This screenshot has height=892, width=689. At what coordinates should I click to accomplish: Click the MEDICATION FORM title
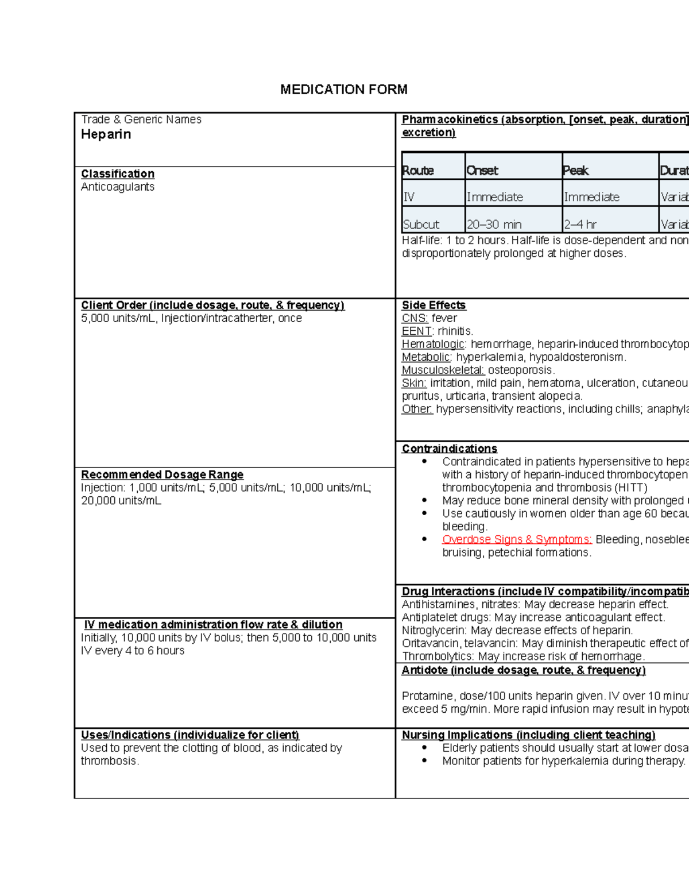(343, 90)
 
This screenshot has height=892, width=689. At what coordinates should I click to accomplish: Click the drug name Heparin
(106, 134)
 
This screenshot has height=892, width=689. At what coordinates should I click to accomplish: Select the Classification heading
(118, 173)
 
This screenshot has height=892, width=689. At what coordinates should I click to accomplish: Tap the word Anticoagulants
(118, 187)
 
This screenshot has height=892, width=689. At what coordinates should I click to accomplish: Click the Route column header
(418, 171)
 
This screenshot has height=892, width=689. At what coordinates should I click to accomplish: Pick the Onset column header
(482, 171)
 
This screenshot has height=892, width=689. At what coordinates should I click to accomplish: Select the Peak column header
(576, 171)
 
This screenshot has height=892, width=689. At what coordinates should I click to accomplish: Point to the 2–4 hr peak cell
(580, 225)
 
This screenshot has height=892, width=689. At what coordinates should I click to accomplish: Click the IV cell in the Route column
(408, 197)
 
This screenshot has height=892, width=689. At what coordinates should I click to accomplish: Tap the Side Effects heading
(433, 305)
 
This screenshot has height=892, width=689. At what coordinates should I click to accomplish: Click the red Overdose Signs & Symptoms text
(517, 539)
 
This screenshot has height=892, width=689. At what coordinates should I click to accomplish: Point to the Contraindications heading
(449, 449)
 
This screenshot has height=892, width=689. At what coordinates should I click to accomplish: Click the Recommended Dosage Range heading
(162, 474)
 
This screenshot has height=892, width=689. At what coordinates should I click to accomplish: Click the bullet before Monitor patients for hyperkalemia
(424, 761)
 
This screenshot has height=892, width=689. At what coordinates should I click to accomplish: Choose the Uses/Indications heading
(189, 735)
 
